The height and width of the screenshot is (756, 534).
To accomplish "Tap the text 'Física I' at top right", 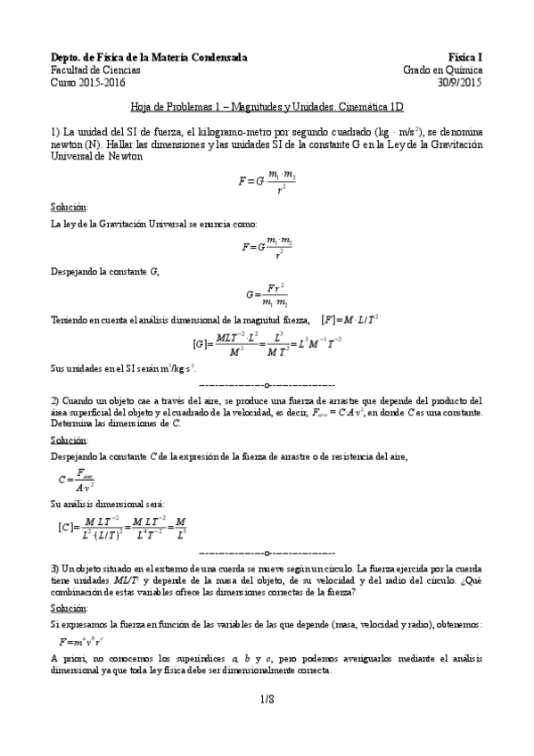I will point(466,57).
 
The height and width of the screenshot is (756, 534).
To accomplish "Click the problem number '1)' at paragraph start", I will point(55,130).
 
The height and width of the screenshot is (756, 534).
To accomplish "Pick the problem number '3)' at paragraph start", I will point(55,567).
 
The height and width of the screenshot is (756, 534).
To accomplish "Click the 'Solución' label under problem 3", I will point(69,607).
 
